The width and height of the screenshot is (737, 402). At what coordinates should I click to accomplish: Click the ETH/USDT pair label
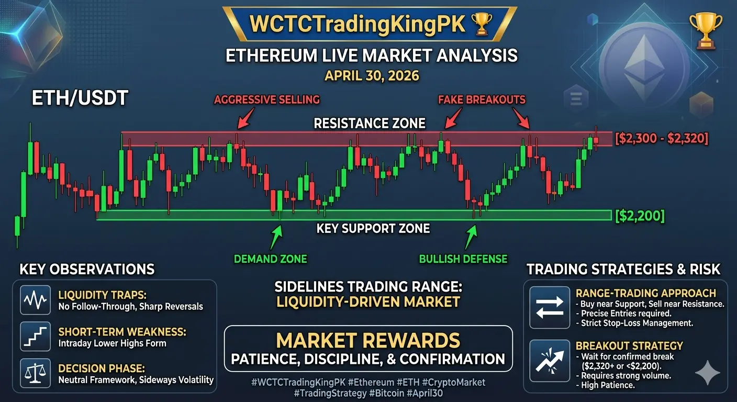80,98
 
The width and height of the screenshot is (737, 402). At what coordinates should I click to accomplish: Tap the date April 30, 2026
372,76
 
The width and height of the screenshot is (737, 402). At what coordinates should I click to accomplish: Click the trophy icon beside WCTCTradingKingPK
482,24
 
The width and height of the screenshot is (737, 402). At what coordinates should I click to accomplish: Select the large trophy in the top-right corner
706,30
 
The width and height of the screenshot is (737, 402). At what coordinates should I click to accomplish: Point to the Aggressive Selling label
267,99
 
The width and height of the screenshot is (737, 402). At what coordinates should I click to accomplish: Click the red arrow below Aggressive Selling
246,118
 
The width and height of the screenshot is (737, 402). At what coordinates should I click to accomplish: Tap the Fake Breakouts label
482,99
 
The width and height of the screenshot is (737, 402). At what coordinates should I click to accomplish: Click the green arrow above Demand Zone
276,238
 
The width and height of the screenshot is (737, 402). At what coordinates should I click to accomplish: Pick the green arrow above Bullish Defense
471,238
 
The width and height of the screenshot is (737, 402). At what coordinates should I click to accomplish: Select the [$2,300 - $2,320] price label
662,138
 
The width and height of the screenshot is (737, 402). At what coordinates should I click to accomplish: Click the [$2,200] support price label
640,216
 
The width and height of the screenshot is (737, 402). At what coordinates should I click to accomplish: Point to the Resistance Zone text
370,124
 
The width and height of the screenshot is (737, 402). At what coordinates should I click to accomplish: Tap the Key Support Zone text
373,228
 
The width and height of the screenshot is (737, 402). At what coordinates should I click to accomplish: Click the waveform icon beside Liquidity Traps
35,300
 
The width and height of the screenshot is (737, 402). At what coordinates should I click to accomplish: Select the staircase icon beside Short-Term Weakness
35,337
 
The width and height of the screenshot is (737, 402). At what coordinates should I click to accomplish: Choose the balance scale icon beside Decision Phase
35,373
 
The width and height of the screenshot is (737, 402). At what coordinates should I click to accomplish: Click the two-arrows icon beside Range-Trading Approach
550,307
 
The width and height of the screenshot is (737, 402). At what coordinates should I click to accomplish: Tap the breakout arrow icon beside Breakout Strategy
550,361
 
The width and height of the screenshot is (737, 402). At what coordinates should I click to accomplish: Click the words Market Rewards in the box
368,340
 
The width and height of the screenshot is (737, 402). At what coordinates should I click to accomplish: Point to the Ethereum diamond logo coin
644,68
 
